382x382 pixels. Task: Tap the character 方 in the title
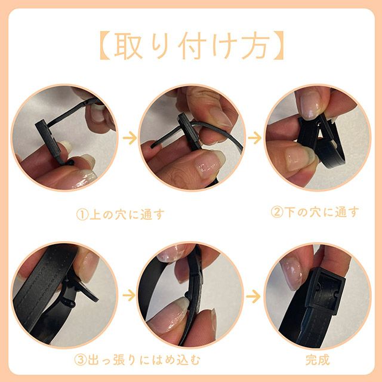(255, 45)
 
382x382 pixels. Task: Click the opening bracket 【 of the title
(105, 45)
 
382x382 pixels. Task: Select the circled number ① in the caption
(82, 215)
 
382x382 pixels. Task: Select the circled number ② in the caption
(277, 212)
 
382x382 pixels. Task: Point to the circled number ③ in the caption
(80, 360)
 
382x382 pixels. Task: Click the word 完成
(318, 360)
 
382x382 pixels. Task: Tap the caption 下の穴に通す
(322, 212)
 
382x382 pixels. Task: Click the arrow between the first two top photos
(130, 138)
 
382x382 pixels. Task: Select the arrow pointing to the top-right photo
(255, 138)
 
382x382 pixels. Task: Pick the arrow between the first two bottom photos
(129, 295)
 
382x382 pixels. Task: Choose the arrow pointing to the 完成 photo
(253, 296)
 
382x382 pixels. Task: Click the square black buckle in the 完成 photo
(325, 290)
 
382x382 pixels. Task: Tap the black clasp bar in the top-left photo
(49, 139)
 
